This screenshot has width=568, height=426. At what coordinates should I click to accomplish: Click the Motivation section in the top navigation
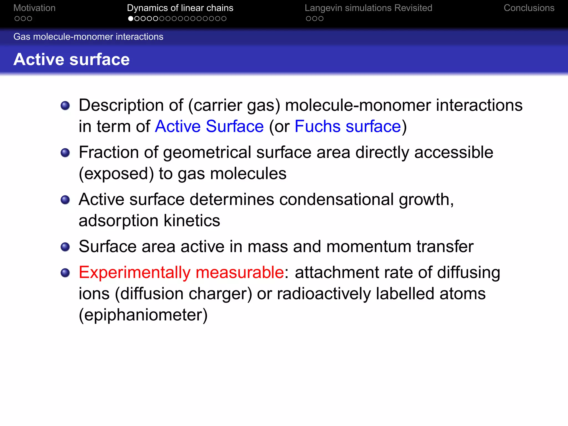tap(34, 8)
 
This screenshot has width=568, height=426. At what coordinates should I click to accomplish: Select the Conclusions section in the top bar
tap(529, 8)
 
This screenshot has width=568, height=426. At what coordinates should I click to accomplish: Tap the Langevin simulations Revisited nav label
tap(368, 8)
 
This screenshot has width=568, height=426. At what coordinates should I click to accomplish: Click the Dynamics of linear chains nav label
tap(180, 8)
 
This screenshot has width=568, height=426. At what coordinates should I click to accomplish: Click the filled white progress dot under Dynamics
tap(131, 19)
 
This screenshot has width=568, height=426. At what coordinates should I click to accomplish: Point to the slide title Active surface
tap(72, 59)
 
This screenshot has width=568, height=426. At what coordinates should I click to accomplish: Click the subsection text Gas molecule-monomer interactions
tap(88, 37)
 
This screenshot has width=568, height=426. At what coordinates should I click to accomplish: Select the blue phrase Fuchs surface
tap(348, 126)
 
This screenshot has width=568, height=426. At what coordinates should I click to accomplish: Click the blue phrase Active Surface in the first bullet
tap(209, 126)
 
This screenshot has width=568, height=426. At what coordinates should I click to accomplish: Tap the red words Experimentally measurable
tap(181, 272)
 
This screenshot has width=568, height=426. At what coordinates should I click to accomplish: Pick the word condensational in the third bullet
tap(336, 199)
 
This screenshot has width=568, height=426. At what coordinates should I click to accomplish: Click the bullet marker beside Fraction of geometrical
tap(65, 153)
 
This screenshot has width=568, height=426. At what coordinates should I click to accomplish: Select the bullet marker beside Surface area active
tap(65, 247)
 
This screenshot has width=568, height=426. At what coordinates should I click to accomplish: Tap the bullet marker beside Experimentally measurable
tap(65, 273)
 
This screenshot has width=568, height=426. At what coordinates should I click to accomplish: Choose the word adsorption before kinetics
tap(118, 221)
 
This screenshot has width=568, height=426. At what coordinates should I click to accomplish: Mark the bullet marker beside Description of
tap(65, 105)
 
